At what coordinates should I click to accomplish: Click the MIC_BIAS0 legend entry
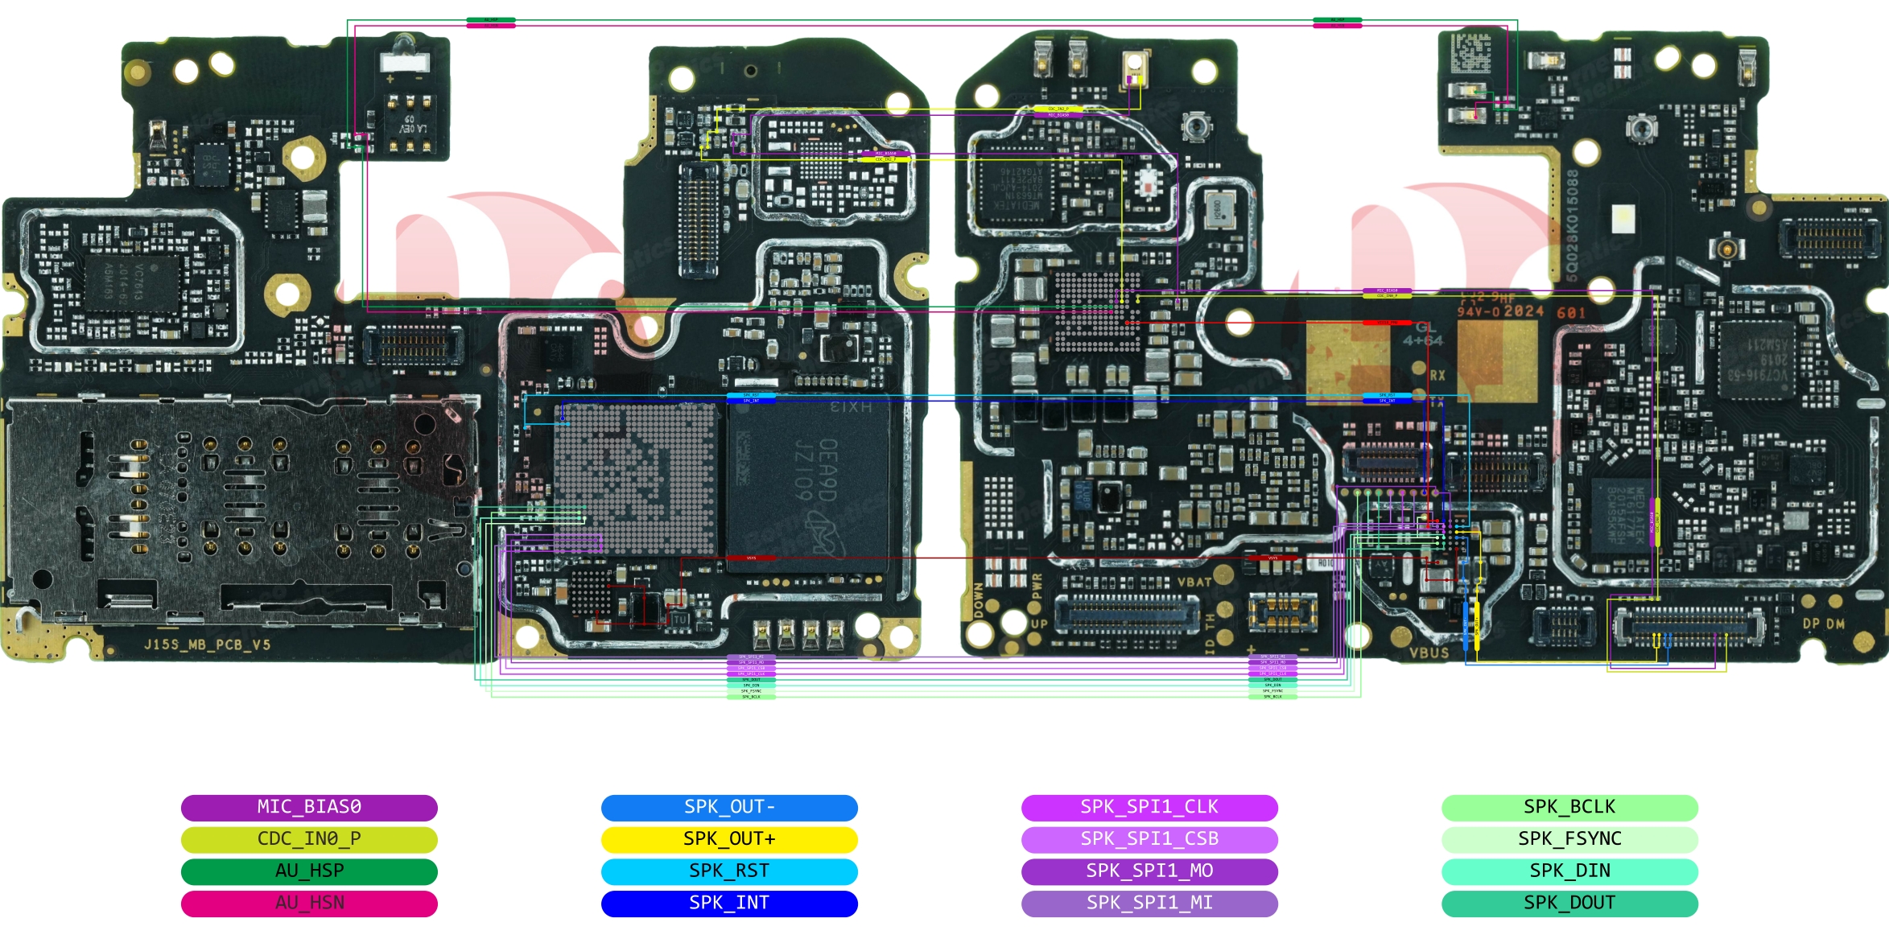(309, 807)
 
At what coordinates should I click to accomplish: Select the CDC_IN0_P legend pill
(309, 839)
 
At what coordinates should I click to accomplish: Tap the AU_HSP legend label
(309, 871)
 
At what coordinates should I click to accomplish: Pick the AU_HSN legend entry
(309, 904)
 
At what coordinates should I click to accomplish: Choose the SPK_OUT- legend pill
(729, 807)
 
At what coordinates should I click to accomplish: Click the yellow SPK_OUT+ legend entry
(729, 839)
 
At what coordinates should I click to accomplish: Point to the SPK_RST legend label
(729, 871)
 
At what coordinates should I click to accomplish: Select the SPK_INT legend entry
(729, 904)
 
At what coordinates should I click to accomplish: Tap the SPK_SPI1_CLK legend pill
(1149, 807)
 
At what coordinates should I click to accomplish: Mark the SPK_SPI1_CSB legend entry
(1149, 839)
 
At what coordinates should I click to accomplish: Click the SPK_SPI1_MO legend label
(1149, 871)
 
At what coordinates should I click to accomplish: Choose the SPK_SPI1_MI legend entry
(1149, 904)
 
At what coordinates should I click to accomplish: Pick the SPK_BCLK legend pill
(1569, 807)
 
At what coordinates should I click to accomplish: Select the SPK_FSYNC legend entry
(1569, 839)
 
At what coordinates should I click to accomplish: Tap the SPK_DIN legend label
(1569, 871)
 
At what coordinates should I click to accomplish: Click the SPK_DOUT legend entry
(1569, 904)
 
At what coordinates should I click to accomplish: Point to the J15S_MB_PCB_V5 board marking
(207, 645)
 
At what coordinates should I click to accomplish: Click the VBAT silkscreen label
(1194, 582)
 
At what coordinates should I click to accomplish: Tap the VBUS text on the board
(1429, 653)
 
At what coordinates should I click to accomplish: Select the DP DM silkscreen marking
(1824, 624)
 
